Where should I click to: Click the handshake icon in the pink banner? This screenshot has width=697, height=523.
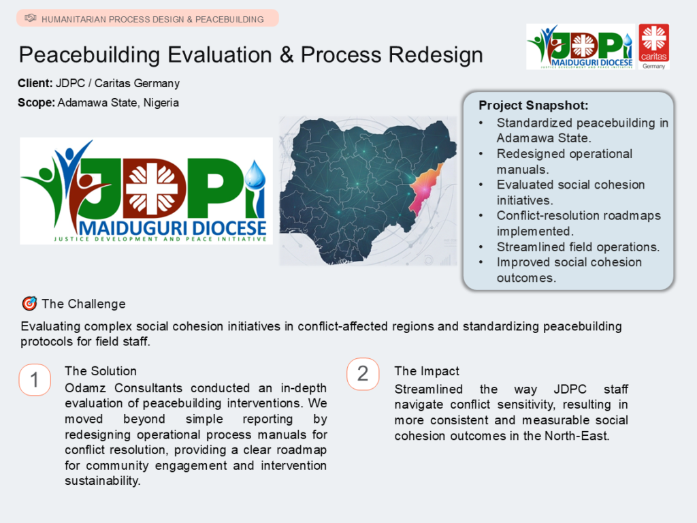[x=30, y=18]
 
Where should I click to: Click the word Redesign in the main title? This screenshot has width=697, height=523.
[x=436, y=55]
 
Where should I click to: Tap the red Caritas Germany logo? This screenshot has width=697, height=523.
[x=654, y=47]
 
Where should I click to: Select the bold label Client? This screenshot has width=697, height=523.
[x=35, y=83]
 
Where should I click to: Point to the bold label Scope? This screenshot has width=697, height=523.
[x=37, y=103]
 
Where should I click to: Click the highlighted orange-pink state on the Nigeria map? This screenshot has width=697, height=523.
[x=423, y=189]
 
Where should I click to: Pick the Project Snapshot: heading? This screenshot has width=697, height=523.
[x=534, y=106]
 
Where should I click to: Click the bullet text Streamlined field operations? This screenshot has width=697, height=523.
[x=578, y=247]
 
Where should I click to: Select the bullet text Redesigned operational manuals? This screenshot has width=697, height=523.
[x=564, y=161]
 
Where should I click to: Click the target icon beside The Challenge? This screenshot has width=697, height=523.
[x=29, y=303]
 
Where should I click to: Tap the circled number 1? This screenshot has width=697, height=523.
[x=35, y=380]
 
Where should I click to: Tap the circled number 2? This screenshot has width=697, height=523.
[x=363, y=374]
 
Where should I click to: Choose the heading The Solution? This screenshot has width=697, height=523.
[x=101, y=371]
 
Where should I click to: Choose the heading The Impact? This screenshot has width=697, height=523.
[x=427, y=371]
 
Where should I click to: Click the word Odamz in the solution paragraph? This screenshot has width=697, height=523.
[x=85, y=387]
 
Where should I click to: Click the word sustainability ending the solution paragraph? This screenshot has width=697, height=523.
[x=102, y=481]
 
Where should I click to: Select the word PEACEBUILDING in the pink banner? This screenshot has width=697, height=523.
[x=229, y=20]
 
